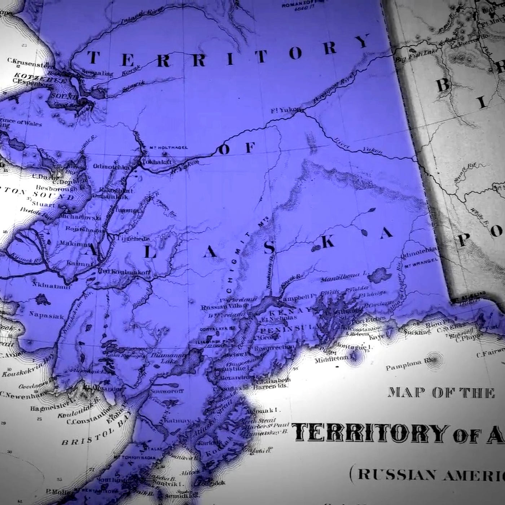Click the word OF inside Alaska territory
point(237,148)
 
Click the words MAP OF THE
point(441,393)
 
